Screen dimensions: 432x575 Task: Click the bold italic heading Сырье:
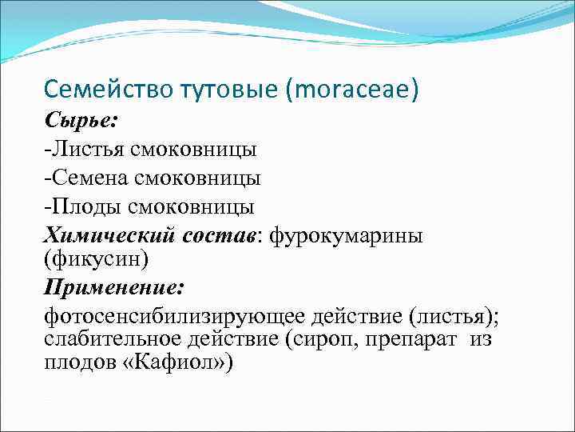pyautogui.click(x=81, y=120)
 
